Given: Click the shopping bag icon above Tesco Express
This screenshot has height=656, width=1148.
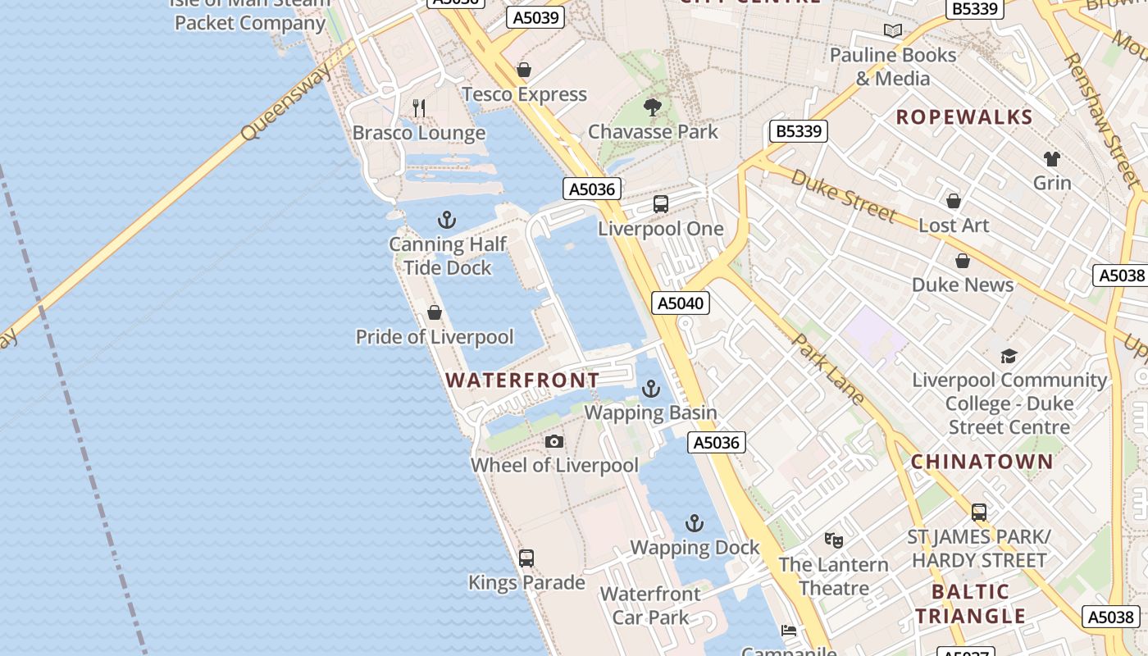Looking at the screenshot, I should (x=524, y=70).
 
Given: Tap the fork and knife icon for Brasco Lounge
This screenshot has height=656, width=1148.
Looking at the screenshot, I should (x=419, y=107).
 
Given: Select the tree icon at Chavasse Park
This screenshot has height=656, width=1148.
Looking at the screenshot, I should (x=653, y=107).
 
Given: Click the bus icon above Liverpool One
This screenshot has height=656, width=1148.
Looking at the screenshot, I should (x=660, y=204).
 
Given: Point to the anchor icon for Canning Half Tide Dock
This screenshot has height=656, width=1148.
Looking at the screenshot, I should (x=447, y=220).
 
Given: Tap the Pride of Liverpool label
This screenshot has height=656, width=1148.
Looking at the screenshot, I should (x=435, y=337).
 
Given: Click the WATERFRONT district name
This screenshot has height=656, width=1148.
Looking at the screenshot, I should (x=522, y=380).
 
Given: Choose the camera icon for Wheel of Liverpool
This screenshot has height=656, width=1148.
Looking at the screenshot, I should (x=554, y=442).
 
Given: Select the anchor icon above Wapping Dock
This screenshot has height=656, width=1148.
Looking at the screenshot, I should (x=695, y=523).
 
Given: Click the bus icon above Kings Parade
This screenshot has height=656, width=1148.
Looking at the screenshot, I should (x=526, y=558).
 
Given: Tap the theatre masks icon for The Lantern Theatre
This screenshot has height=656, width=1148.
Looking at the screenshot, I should (x=834, y=540).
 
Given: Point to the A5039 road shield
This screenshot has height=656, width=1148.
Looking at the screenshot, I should (x=535, y=17).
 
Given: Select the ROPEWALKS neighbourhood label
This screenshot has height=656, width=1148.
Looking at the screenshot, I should (x=963, y=117).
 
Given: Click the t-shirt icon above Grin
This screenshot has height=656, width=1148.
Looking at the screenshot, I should (x=1052, y=158).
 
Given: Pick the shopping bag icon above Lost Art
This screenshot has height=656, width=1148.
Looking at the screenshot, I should (x=954, y=201).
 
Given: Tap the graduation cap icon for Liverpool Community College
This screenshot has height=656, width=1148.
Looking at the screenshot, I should (x=1009, y=356).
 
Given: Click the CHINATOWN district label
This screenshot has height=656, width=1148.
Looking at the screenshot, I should (x=982, y=462).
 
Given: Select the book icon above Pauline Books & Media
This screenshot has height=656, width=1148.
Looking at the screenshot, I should (x=893, y=31).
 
